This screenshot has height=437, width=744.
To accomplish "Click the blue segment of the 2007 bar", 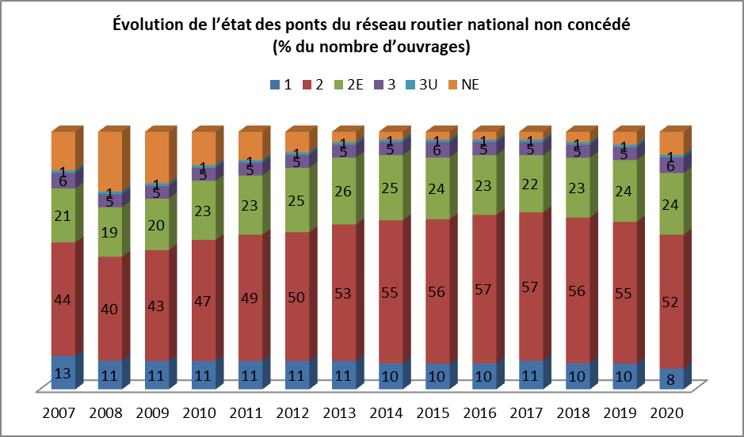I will tap(63, 372).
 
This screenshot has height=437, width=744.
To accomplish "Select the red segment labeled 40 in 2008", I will tap(109, 308).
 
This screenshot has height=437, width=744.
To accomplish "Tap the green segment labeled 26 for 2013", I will tap(344, 191).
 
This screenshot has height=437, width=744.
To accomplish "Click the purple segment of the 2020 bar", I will tap(671, 165).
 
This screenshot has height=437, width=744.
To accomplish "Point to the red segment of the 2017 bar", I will tap(531, 286).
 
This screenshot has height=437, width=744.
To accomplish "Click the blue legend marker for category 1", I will tap(274, 85).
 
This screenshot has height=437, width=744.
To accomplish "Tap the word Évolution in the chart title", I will tap(150, 24).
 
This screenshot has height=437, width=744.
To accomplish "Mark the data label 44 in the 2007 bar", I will tap(63, 299).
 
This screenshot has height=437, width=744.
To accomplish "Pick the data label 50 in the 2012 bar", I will tap(297, 296).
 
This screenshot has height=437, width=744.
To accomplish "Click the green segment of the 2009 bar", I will tap(156, 224).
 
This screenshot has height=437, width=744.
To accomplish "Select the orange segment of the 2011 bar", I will tap(250, 146).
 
